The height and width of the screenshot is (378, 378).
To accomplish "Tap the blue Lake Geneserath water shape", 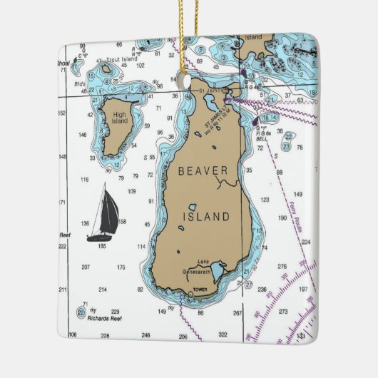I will click(x=219, y=270).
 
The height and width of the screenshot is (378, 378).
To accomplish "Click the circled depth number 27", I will click(x=248, y=285).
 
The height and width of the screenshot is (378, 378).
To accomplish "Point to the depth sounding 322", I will click(x=223, y=334).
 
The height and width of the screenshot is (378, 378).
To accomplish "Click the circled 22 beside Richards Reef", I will click(x=81, y=312).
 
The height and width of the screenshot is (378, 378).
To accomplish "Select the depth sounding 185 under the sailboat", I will click(x=102, y=246).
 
